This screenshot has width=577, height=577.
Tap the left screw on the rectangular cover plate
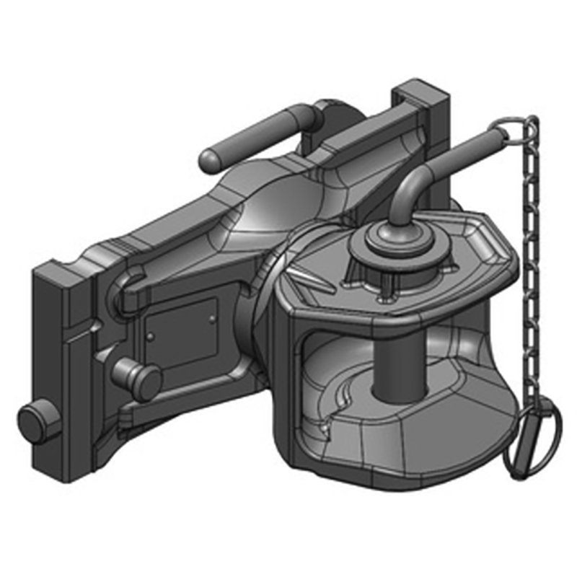pos(151,336)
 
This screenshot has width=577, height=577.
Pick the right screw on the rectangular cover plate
pos(211,317)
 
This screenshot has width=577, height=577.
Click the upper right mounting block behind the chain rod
pos(422,115)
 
